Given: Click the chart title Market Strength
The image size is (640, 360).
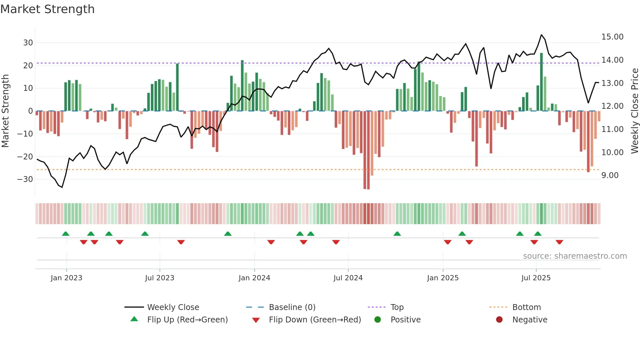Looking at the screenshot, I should tap(47, 9).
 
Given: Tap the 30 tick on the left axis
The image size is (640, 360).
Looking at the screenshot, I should tap(28, 42).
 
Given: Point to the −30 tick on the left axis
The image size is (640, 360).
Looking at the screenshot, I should tap(25, 179).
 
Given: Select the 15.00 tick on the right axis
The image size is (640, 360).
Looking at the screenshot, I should tap(612, 37).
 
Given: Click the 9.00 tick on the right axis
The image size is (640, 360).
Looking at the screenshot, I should tap(610, 175).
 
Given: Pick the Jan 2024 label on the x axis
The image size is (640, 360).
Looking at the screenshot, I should tap(254, 278).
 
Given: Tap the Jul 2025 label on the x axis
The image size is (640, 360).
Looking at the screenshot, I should tap(536, 278).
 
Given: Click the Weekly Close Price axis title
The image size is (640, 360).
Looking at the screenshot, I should tap(634, 111).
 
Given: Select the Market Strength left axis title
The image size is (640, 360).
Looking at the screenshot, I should tap(5, 111).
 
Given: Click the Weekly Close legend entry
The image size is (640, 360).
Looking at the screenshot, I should tap(173, 307).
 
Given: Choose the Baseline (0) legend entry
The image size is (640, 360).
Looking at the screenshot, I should tap(292, 307).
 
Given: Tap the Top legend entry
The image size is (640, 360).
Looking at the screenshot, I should tap(397, 307).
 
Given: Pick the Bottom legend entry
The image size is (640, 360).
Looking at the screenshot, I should tap(526, 307).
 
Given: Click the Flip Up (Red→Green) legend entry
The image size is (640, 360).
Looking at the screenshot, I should tap(187, 320).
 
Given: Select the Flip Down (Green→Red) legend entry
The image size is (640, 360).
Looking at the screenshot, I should tap(315, 320).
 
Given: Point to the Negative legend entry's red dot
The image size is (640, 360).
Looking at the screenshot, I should tap(499, 320).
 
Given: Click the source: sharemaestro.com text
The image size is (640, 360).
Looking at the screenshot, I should tap(575, 256).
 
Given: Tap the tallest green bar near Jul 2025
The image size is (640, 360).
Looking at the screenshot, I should tap(541, 82).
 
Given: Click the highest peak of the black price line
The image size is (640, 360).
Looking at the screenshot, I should tap(541, 35).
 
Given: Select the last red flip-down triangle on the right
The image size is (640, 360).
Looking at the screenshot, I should tap(559, 242).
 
